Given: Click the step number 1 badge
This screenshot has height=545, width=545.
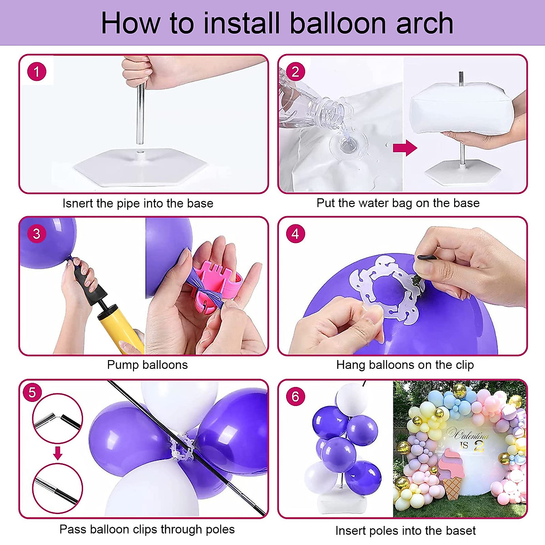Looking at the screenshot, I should point(37,72).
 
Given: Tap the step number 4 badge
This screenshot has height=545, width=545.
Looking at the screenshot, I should point(295,234).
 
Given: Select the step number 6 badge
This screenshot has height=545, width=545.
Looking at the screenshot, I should point(295,396).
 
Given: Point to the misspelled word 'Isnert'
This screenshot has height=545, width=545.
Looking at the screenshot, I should point(78,203).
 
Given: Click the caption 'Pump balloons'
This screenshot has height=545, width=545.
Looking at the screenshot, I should point(147,365).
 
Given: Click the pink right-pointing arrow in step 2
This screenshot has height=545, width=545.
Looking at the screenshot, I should point(405,148).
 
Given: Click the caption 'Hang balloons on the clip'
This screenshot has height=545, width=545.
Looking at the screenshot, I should point(405,365).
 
